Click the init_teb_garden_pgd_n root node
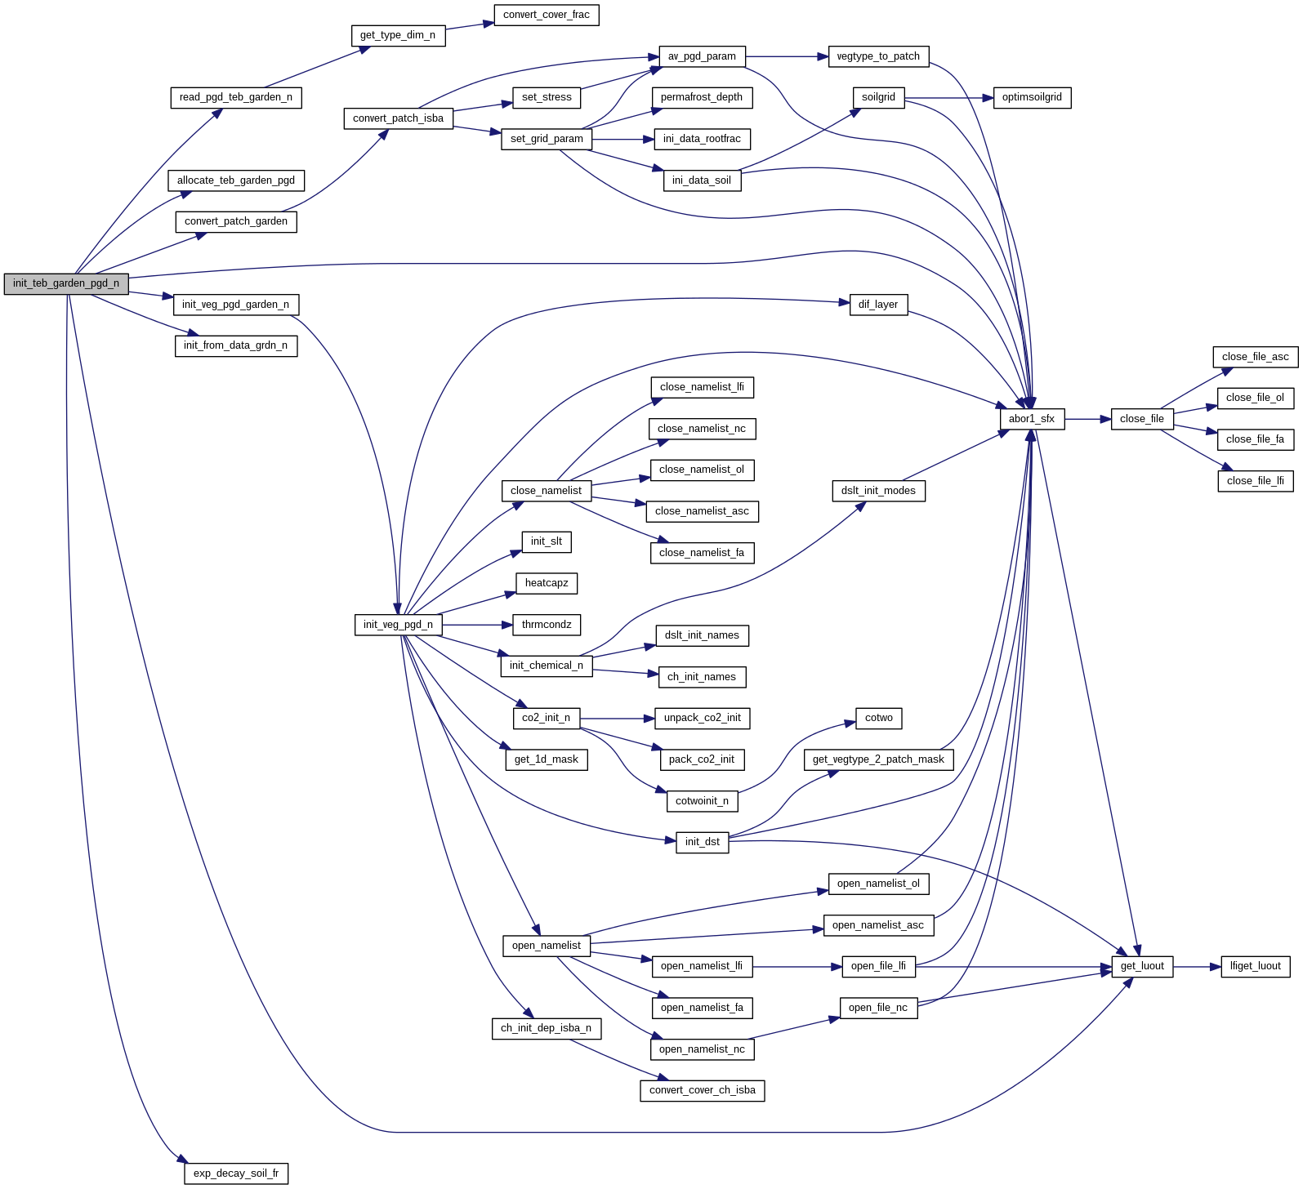coord(66,283)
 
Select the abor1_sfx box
coord(1031,419)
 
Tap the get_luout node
coord(1141,966)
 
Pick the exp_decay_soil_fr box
coord(236,1173)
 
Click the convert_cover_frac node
coord(546,15)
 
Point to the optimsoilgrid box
coord(1032,97)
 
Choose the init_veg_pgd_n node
coord(398,625)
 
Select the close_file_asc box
coord(1255,357)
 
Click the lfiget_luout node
coord(1255,966)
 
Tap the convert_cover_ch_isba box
coord(702,1090)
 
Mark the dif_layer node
coord(878,305)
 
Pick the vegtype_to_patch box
coord(878,56)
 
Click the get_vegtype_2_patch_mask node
coord(878,759)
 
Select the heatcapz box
coord(547,583)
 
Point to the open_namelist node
coord(546,946)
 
